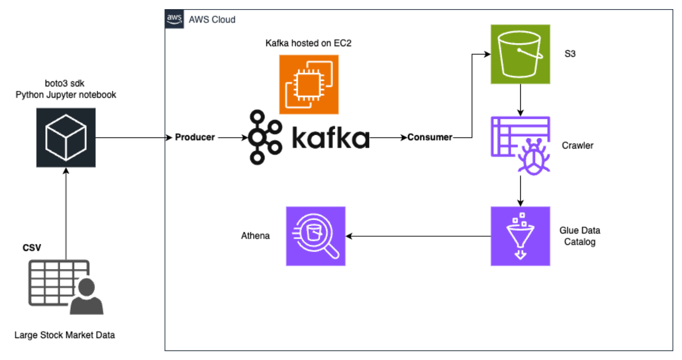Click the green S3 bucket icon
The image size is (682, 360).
(520, 54)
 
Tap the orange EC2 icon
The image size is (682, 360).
(309, 84)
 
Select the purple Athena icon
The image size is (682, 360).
(315, 236)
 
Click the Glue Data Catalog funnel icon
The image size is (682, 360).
(520, 236)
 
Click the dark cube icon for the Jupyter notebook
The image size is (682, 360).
(66, 137)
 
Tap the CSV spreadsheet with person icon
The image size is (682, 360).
(65, 287)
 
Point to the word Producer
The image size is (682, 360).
(195, 137)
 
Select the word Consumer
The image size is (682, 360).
(430, 137)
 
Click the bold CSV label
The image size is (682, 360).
(32, 248)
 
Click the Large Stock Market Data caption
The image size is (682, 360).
(64, 335)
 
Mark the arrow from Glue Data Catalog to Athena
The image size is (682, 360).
(418, 236)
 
